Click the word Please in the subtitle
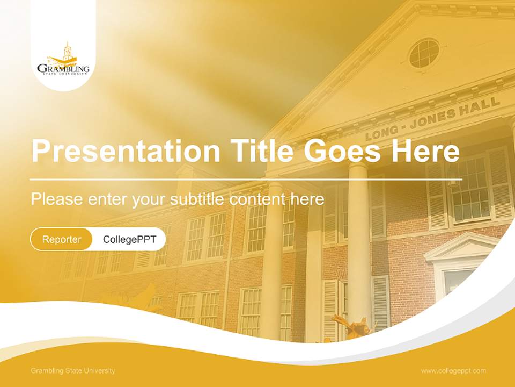click(56, 199)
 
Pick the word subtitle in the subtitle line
click(197, 199)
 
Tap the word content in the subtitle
click(258, 199)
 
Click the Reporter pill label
click(62, 239)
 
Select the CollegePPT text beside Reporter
click(129, 239)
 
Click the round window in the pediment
click(424, 53)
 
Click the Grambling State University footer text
click(73, 371)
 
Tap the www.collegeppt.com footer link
click(453, 371)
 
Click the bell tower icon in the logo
click(67, 51)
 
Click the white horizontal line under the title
click(246, 179)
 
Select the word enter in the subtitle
click(107, 199)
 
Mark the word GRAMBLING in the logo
click(63, 69)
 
